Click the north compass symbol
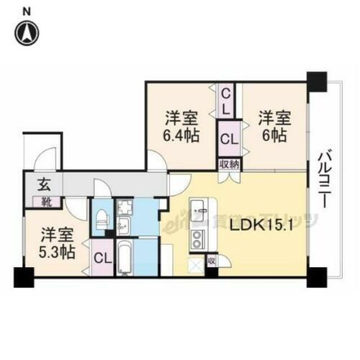pos(27,32)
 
